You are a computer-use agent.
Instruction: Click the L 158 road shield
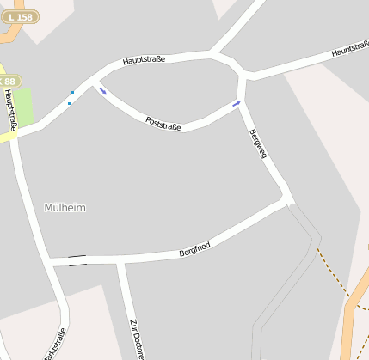[22, 16]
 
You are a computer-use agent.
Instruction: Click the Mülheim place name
[65, 208]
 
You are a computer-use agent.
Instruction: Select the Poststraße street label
[163, 124]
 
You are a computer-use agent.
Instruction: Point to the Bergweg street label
[257, 143]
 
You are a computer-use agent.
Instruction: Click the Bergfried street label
[194, 250]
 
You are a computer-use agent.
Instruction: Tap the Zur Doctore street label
[136, 339]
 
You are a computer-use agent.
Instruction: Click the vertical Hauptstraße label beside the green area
[9, 110]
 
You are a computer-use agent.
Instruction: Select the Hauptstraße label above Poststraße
[144, 60]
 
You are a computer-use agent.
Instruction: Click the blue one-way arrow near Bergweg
[237, 104]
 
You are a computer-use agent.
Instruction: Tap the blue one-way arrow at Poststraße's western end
[102, 90]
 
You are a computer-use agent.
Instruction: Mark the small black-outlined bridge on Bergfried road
[77, 260]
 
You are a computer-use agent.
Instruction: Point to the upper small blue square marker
[72, 92]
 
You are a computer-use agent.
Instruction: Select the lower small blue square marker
[69, 104]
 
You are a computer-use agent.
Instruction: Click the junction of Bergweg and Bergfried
[286, 199]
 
